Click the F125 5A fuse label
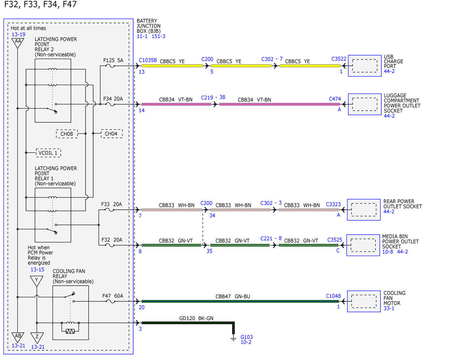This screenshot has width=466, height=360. [x=113, y=61]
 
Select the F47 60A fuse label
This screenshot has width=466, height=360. [x=113, y=296]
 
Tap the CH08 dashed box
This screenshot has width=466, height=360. [x=67, y=134]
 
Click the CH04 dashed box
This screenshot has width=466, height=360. [x=112, y=134]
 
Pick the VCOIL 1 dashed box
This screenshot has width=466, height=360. [x=49, y=153]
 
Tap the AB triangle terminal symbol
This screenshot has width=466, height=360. [x=18, y=337]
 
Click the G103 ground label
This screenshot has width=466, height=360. [x=247, y=337]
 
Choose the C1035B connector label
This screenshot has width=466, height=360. [x=148, y=60]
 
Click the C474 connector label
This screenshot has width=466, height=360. [x=335, y=99]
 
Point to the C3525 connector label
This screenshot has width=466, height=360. [x=334, y=240]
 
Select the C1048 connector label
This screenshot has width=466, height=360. [x=333, y=296]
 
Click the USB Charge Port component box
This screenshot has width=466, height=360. [x=365, y=66]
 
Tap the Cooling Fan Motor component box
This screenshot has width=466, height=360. [x=364, y=301]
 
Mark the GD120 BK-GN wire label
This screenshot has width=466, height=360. [x=196, y=318]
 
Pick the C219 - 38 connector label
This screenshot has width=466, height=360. [x=213, y=97]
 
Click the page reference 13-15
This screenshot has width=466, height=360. [x=37, y=270]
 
